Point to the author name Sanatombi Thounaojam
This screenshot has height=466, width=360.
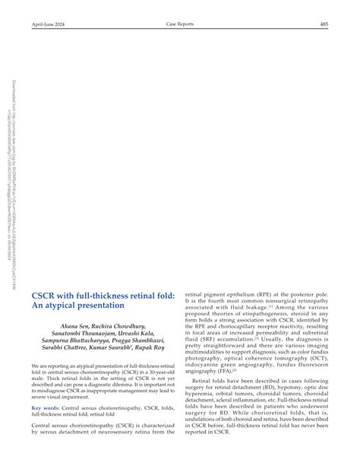(77, 334)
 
